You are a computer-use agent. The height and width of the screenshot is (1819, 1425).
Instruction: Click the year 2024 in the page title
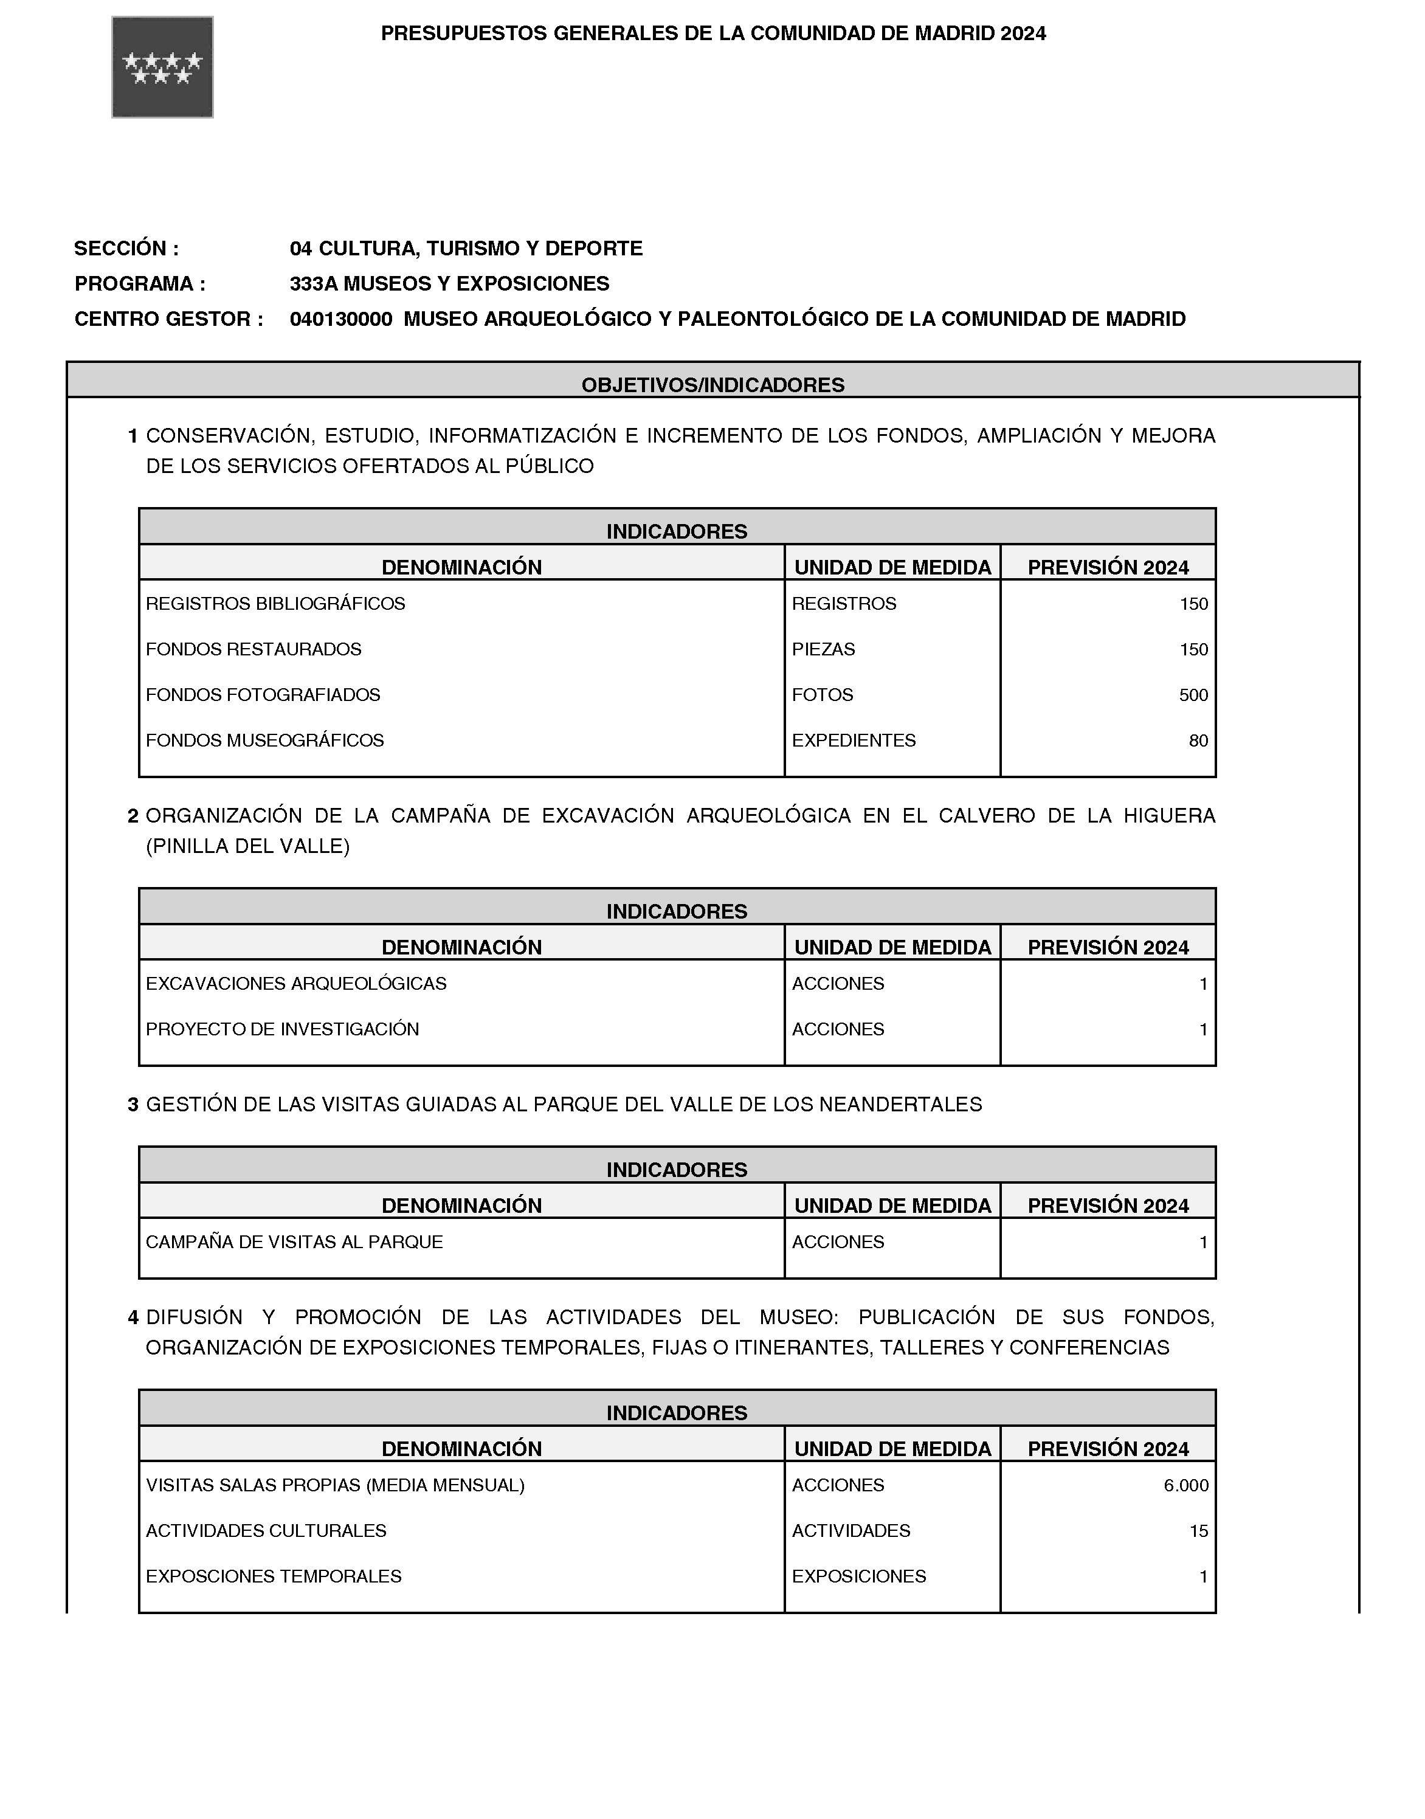pos(1024,33)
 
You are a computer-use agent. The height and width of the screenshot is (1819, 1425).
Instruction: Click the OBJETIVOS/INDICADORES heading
pos(712,385)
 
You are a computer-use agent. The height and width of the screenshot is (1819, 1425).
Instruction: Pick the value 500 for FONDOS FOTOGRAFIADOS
pos(1193,695)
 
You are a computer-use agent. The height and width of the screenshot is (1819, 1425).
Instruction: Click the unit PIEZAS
pos(824,649)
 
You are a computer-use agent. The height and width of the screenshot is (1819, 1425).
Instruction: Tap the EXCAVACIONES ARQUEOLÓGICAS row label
pos(296,984)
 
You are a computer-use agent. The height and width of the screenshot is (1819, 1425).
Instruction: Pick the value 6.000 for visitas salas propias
pos(1185,1485)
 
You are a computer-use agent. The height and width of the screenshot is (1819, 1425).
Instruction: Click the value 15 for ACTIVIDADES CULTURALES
pos(1198,1531)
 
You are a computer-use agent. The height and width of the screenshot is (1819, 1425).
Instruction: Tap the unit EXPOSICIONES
pos(858,1577)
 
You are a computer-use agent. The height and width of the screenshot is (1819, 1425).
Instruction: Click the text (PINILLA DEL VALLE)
pos(248,846)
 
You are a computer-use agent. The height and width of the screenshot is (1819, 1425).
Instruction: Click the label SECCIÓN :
pos(126,249)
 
